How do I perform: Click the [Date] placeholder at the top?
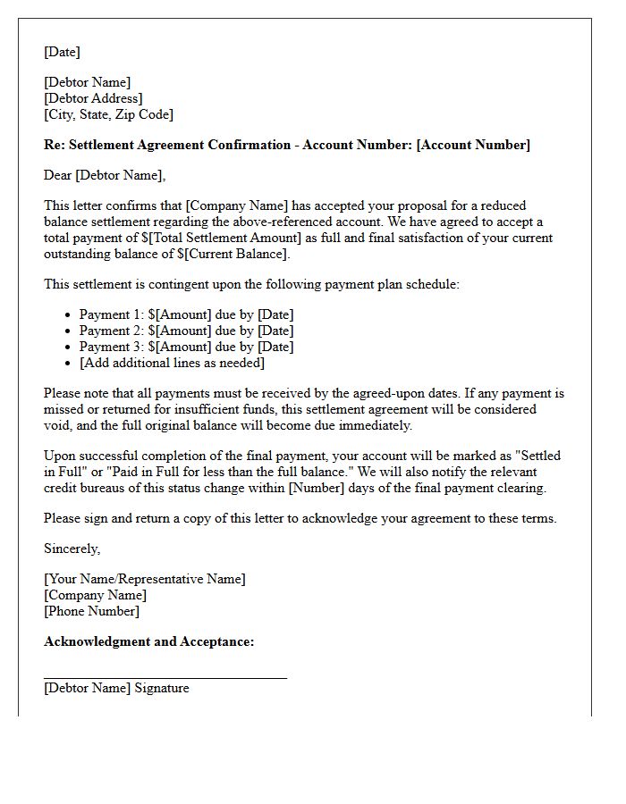tap(62, 52)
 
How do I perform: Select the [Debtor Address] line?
tap(93, 98)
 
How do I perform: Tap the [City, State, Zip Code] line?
tap(108, 114)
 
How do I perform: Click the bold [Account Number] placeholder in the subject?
tap(473, 145)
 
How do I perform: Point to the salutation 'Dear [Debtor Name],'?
tap(105, 175)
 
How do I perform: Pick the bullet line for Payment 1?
tap(186, 314)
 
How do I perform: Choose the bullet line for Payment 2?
tap(186, 331)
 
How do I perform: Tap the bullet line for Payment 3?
tap(186, 347)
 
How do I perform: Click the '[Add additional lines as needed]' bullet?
tap(172, 363)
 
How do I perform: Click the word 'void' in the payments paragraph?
tap(58, 425)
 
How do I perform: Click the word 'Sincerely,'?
tap(72, 549)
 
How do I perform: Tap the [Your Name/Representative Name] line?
tap(144, 579)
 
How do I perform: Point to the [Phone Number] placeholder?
tap(91, 611)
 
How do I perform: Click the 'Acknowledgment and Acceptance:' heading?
tap(148, 641)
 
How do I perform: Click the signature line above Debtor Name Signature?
tap(165, 678)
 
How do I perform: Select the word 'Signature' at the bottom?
tap(162, 688)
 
